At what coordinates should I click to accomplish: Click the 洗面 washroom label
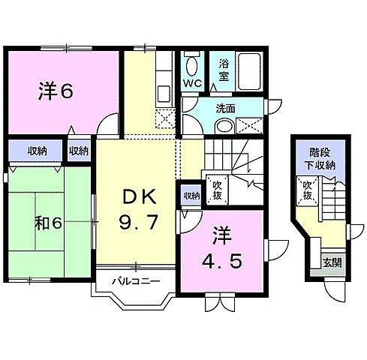tap(226, 109)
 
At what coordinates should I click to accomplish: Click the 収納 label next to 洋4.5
tap(192, 196)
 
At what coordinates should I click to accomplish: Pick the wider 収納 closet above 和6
tap(37, 151)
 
